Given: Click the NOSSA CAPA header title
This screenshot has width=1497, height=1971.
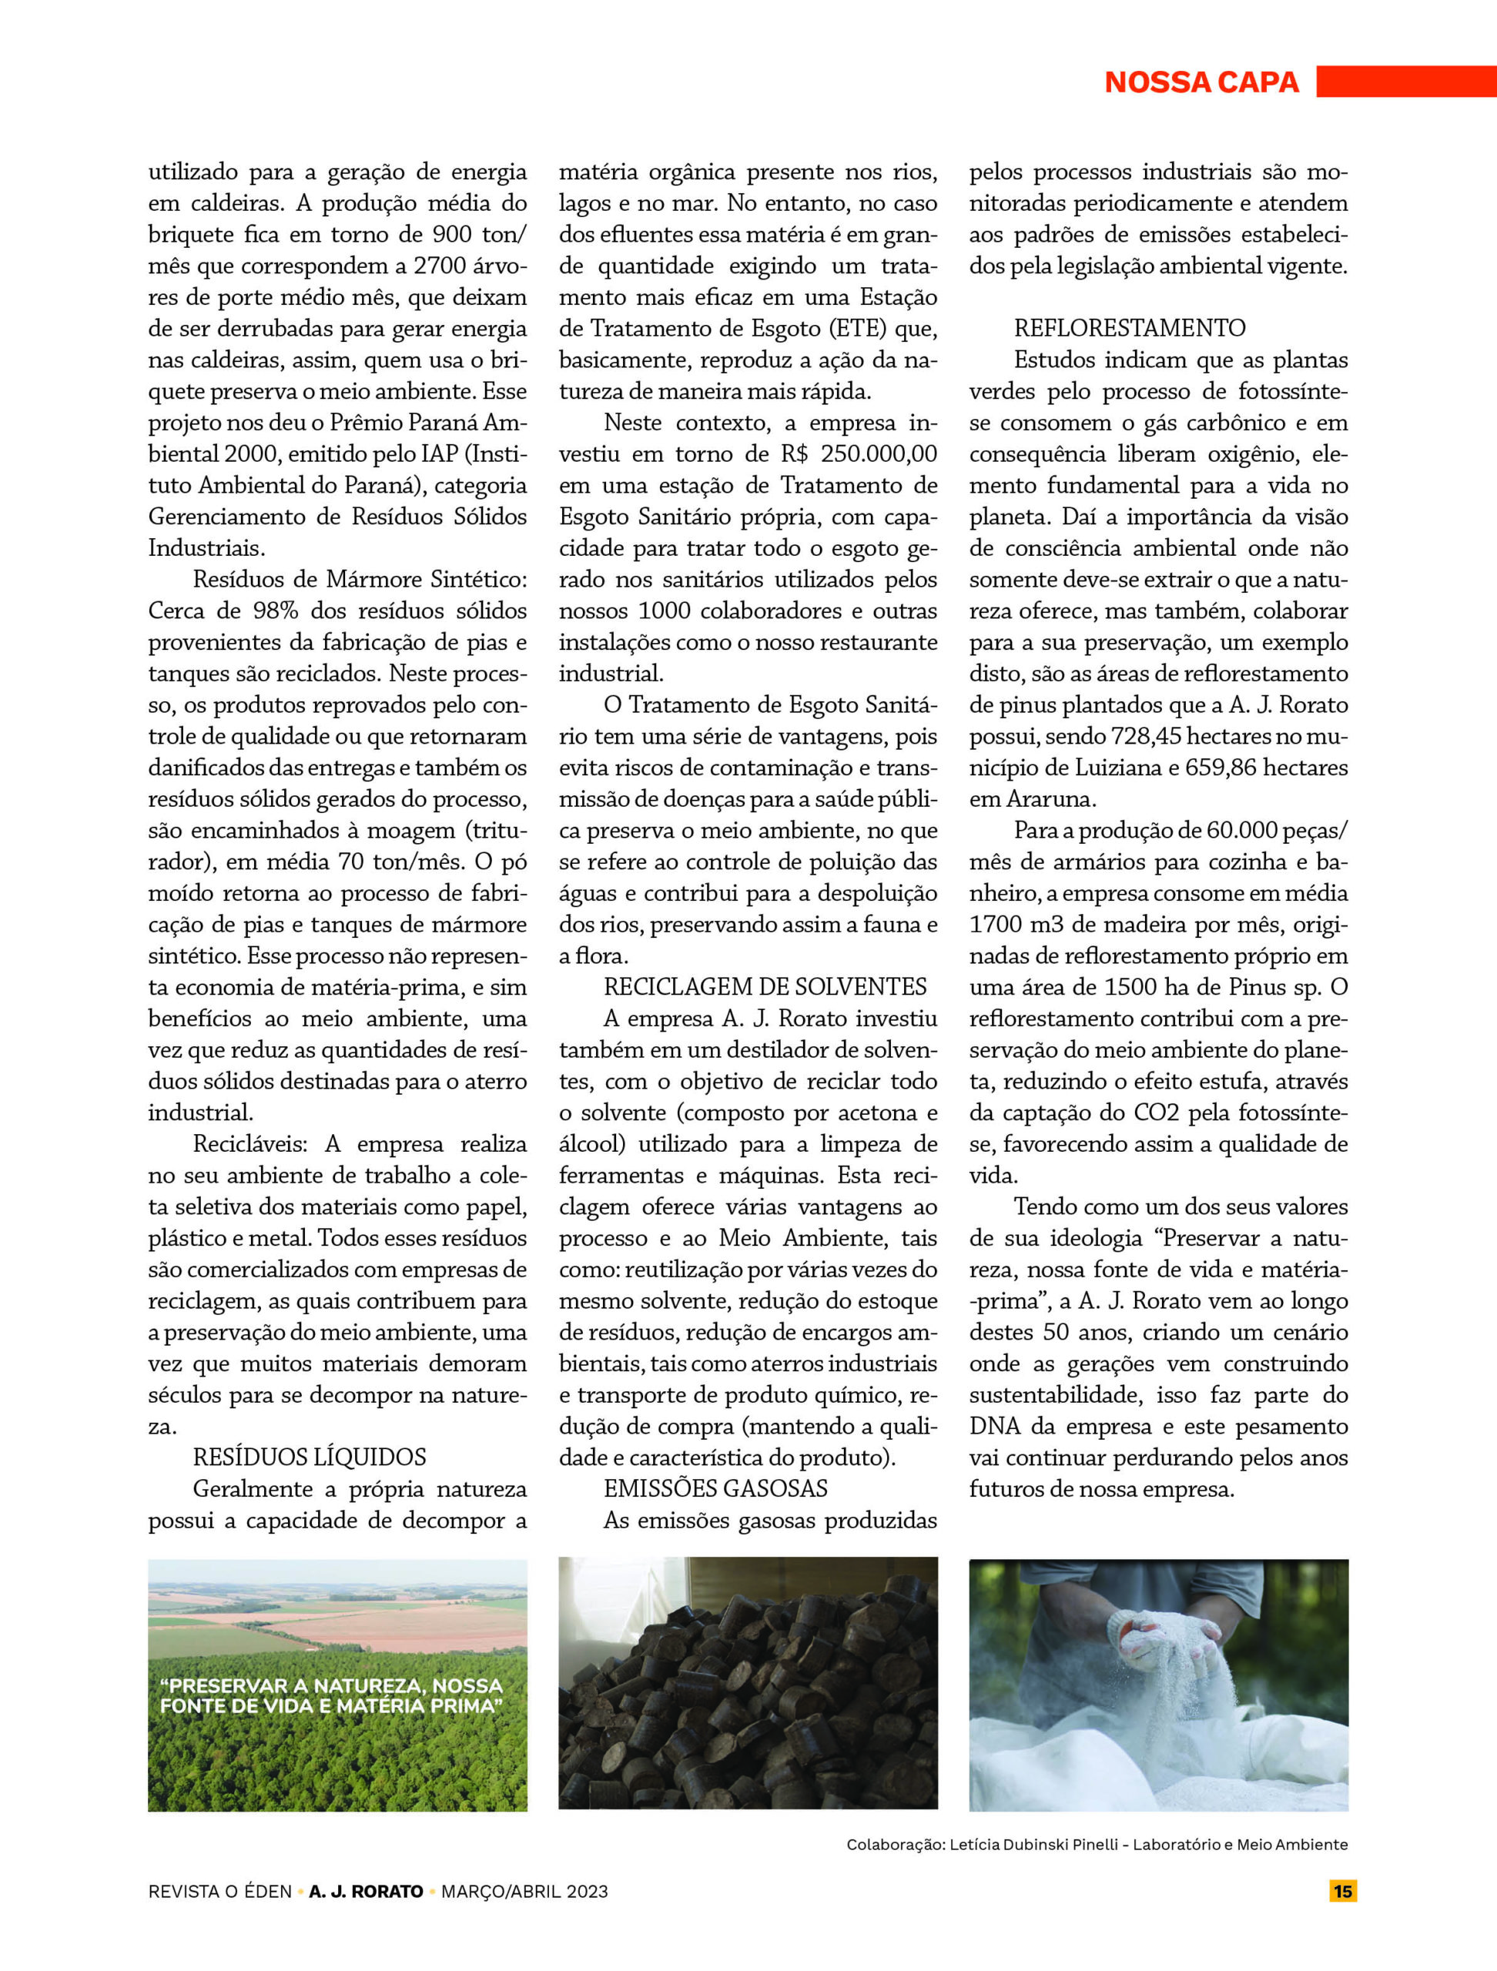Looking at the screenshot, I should click(x=1201, y=82).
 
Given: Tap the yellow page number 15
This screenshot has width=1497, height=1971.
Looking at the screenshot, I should click(x=1343, y=1891).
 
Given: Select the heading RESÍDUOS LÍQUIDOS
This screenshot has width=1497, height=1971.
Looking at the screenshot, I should click(x=310, y=1457).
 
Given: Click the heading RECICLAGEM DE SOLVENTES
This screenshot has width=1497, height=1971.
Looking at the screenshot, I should click(x=765, y=986).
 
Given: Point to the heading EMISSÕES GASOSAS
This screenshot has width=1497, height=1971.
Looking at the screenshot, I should click(x=715, y=1488).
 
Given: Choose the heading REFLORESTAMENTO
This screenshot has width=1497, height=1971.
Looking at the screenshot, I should click(x=1129, y=328).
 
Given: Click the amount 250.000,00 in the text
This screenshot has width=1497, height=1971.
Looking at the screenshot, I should click(x=879, y=453).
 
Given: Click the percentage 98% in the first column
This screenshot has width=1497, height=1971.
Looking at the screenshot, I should click(x=276, y=611).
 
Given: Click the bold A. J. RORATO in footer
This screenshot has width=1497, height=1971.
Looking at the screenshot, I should click(x=365, y=1891).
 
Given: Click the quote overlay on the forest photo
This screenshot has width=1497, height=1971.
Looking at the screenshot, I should click(x=330, y=1695).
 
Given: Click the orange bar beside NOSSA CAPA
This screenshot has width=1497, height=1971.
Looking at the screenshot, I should click(x=1405, y=81).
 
